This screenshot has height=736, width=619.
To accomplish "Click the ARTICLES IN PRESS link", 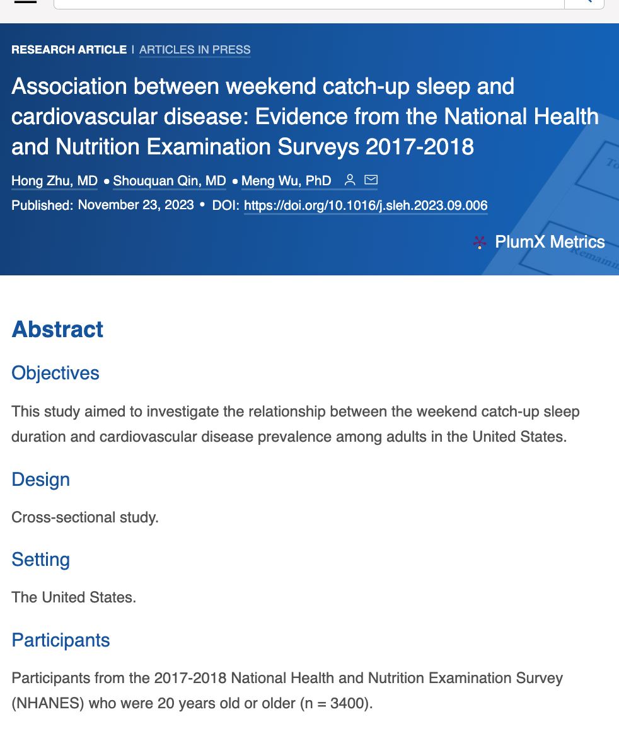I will (195, 50).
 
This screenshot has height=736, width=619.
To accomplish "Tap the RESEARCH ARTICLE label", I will (69, 50).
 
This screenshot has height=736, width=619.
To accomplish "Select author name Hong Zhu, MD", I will (54, 181).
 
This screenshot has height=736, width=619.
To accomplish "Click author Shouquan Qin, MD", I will (169, 181).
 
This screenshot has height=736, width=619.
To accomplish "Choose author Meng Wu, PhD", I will (286, 181).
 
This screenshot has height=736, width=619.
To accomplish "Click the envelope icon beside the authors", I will (371, 180).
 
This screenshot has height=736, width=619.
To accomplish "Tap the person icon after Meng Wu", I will (350, 180).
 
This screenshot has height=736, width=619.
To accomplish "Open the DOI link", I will (366, 206).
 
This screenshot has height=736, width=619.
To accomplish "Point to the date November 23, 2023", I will (136, 205).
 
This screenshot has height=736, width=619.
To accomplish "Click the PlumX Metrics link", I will (550, 242).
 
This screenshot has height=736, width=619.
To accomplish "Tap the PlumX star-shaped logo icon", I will (480, 243).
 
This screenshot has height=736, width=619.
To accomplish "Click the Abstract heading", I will (57, 330).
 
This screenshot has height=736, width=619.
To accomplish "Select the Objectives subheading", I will (55, 373).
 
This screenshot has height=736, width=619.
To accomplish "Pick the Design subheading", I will (40, 480).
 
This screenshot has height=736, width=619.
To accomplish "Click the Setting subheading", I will (40, 560).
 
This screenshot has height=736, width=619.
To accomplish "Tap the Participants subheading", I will (61, 640).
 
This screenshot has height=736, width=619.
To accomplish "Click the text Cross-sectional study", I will (85, 517).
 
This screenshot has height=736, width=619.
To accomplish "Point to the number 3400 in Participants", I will (347, 703).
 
